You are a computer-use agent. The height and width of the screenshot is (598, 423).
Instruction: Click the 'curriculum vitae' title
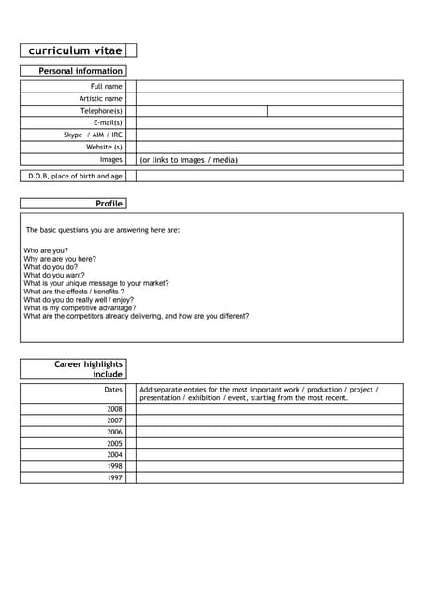click(73, 50)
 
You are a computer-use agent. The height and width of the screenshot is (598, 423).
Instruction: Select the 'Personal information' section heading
click(80, 71)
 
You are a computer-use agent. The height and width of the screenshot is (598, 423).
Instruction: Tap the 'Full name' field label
click(106, 86)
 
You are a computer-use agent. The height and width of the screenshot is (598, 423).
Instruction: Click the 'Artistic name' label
click(100, 98)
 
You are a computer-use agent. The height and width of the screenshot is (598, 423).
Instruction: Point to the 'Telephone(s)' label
click(101, 110)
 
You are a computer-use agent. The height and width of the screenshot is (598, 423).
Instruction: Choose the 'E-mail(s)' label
click(108, 122)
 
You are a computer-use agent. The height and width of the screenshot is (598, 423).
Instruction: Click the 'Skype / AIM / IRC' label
click(93, 135)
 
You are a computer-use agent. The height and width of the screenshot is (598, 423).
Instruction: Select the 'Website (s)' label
click(104, 147)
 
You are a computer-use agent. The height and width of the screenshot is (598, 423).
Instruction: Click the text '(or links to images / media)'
click(188, 160)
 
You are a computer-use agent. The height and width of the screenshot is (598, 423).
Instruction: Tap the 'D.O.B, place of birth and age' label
click(75, 176)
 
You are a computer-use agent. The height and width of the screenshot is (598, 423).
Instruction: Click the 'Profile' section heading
click(109, 204)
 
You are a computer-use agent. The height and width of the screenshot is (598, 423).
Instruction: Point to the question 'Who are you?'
click(46, 251)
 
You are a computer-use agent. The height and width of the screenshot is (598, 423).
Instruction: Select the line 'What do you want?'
click(54, 276)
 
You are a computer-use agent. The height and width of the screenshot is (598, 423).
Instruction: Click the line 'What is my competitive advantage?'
click(80, 307)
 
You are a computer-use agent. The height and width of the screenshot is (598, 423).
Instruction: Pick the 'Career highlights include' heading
click(88, 369)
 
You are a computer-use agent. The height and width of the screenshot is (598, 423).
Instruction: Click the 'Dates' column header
click(112, 390)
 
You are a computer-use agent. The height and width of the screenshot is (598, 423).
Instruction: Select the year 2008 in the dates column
click(114, 409)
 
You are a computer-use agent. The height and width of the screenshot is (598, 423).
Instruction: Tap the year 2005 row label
click(114, 443)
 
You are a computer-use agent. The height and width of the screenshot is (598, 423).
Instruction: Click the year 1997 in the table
click(114, 477)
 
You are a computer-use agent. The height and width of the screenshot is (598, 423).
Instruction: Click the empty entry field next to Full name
click(270, 86)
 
